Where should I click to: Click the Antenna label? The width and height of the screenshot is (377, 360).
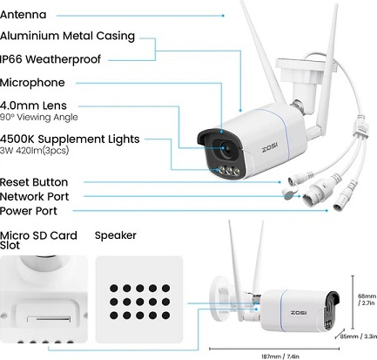coord(23,15)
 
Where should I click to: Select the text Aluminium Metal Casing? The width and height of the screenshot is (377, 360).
coord(67,36)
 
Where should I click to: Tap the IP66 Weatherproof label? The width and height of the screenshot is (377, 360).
coord(50,59)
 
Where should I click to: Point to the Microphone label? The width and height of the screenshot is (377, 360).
coord(32,83)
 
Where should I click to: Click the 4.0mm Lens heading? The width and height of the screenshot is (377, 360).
coord(33,105)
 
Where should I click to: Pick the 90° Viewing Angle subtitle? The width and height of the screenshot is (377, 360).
coord(39,117)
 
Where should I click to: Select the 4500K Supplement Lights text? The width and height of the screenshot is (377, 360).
coord(70,139)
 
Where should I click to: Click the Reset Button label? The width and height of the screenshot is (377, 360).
coord(34,182)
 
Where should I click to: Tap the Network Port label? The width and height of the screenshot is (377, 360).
coord(34,197)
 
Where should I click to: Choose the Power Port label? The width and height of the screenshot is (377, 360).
coord(29,211)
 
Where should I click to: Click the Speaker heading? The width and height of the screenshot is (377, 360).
coord(116,235)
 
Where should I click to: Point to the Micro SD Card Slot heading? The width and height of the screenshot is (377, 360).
coord(38,241)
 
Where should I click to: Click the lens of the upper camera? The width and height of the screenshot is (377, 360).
coord(225,148)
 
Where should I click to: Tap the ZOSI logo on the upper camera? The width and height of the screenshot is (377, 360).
coord(270,148)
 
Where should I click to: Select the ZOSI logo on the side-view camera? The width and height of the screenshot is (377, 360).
coord(299,313)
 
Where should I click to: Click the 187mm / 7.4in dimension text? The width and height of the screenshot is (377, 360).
coord(280,357)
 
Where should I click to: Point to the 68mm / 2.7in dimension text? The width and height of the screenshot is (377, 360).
coord(367,300)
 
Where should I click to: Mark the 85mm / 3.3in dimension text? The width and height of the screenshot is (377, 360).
coord(359,336)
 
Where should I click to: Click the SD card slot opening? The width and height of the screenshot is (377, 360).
coord(49,319)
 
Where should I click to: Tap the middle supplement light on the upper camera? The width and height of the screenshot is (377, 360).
coord(229,171)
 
